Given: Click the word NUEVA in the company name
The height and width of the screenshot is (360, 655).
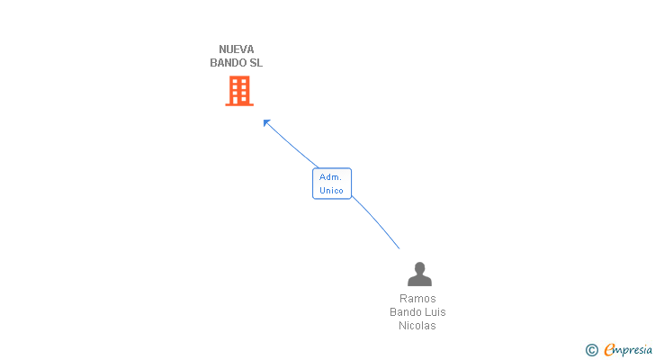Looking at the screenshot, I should (237, 49).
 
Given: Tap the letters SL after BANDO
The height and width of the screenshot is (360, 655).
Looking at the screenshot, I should (256, 63).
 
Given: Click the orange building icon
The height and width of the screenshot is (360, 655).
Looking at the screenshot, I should (239, 90).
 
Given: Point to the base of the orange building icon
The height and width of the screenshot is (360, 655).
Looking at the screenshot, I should (239, 103).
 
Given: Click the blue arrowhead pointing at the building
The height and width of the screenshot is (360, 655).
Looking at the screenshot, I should (266, 122).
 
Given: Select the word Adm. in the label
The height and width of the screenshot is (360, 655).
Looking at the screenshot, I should (331, 177).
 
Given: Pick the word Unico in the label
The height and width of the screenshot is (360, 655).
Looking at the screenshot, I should (331, 191).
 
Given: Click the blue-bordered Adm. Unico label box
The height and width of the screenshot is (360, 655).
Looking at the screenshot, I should (331, 184).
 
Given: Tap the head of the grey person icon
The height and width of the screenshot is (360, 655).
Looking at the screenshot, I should (419, 268).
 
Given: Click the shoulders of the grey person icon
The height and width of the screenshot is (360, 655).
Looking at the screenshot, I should (419, 280).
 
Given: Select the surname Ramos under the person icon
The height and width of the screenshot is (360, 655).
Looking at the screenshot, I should (417, 299).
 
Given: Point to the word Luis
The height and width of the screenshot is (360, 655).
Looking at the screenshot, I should (435, 312).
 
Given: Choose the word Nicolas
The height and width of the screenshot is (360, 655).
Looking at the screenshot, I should (417, 326).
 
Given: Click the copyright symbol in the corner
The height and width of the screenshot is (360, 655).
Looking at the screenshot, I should (591, 350).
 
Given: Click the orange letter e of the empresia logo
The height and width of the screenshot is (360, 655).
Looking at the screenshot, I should (609, 350).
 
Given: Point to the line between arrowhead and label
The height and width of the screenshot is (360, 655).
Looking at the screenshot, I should (292, 146).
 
